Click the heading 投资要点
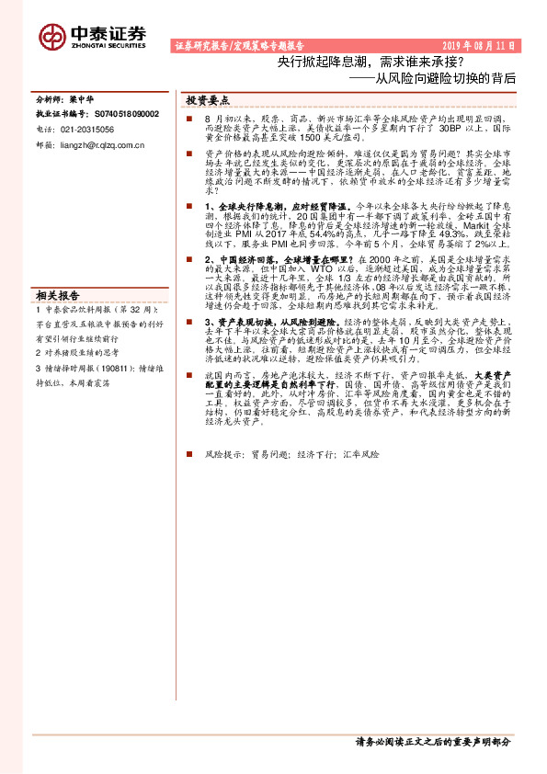click(x=208, y=99)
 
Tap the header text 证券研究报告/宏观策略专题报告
click(x=239, y=45)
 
